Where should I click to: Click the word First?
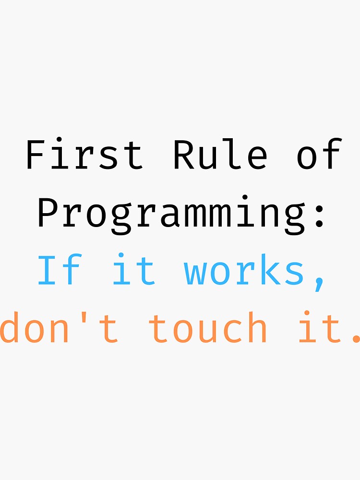[x=84, y=155]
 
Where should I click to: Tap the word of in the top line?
[x=319, y=155]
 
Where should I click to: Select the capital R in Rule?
[x=183, y=155]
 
